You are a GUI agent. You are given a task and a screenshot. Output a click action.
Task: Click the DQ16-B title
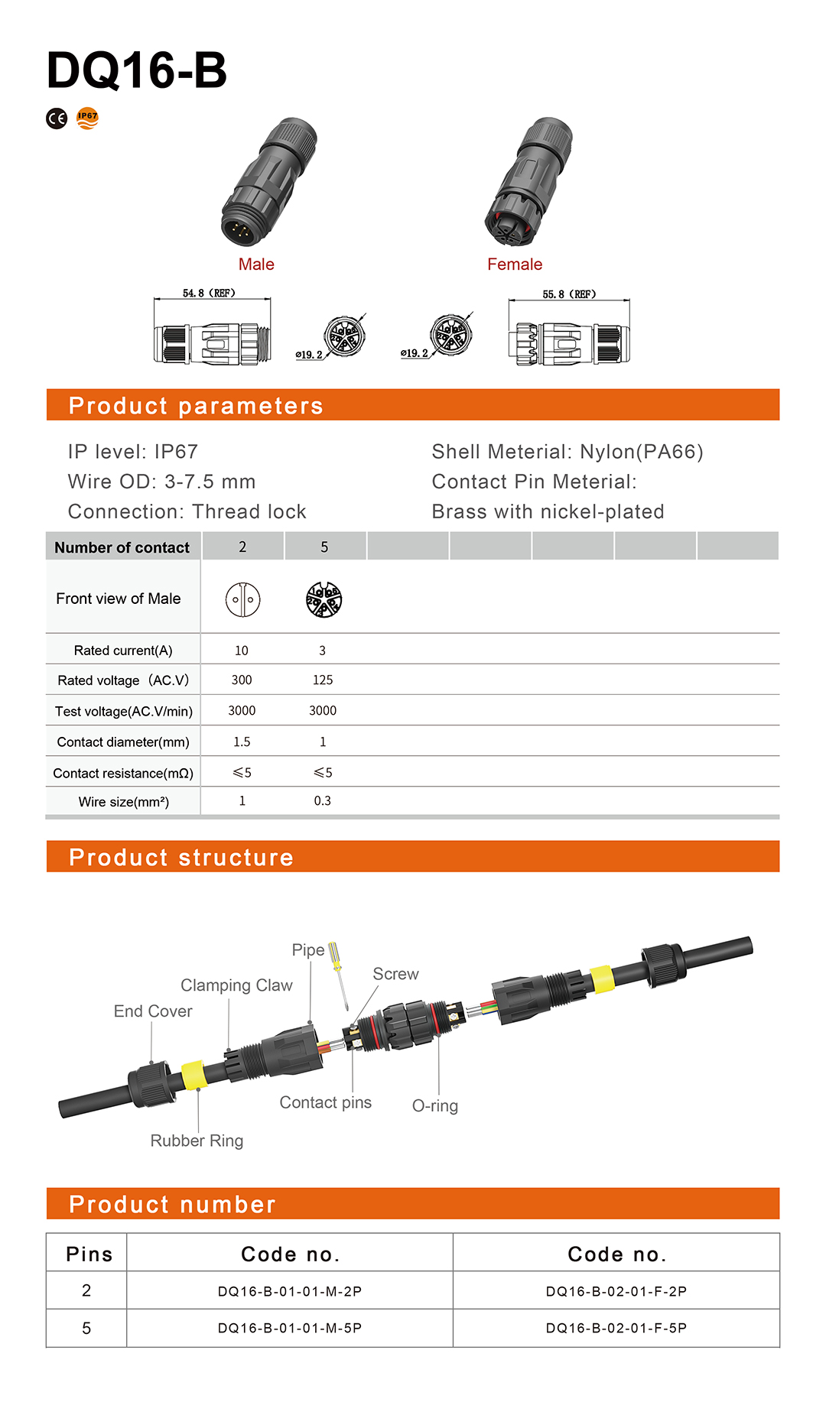(x=137, y=70)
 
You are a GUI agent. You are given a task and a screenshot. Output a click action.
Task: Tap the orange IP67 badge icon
(x=88, y=118)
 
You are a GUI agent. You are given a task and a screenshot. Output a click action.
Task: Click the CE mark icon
(x=57, y=118)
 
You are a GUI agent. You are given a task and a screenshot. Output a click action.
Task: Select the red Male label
(x=256, y=264)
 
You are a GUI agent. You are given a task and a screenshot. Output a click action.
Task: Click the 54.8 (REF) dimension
(x=209, y=293)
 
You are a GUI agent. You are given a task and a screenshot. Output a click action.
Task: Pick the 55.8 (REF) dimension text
(x=569, y=294)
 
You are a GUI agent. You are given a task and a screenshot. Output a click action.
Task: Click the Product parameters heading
(x=196, y=405)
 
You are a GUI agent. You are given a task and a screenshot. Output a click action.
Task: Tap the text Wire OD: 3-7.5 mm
(x=161, y=482)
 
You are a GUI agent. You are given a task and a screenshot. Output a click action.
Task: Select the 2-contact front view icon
(x=242, y=599)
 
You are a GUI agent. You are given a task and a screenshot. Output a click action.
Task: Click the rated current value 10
(x=241, y=651)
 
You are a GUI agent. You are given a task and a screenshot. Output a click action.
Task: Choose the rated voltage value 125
(x=323, y=680)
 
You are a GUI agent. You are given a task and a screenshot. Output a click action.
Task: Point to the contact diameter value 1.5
(x=242, y=742)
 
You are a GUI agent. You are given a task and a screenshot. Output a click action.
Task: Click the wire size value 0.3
(x=323, y=801)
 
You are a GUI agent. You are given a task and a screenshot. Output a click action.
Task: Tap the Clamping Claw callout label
(x=236, y=985)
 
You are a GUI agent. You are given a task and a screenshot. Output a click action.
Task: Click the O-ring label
(x=434, y=1105)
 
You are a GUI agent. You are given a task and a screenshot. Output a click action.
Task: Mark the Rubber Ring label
(x=197, y=1141)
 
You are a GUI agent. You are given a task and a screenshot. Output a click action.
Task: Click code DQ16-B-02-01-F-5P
(x=616, y=1328)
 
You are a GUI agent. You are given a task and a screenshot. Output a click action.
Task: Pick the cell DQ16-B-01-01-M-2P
(x=289, y=1291)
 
